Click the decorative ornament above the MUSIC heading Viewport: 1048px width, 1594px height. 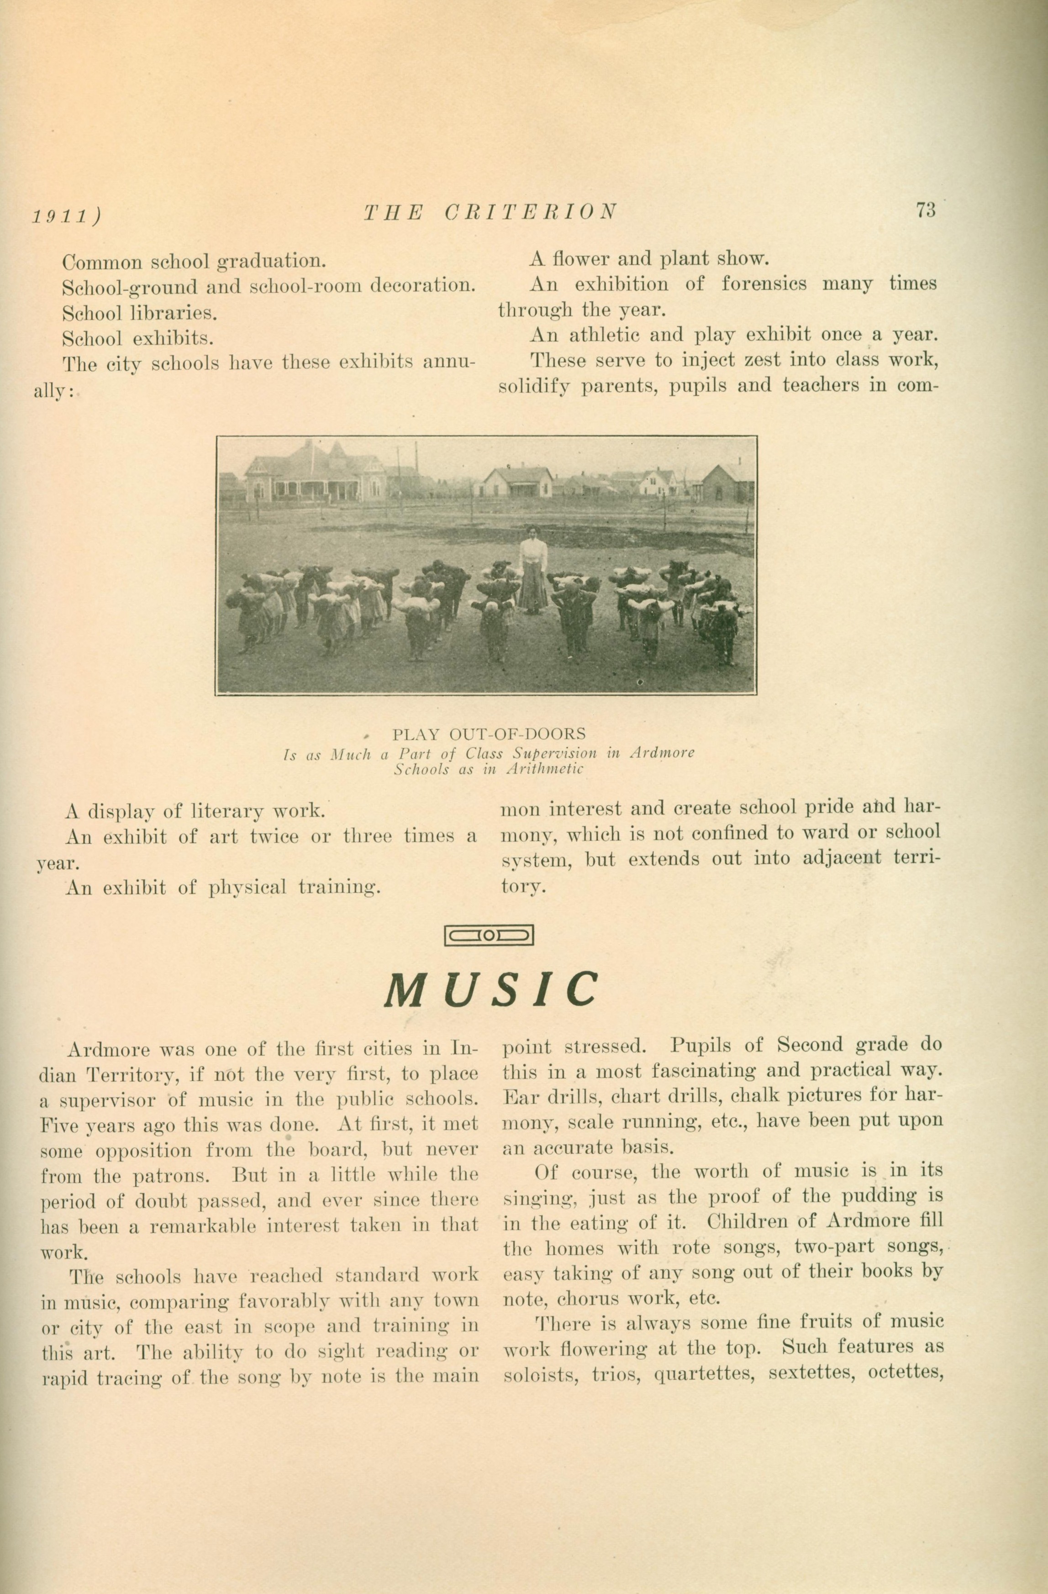[489, 935]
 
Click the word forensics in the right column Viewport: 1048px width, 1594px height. [764, 284]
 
